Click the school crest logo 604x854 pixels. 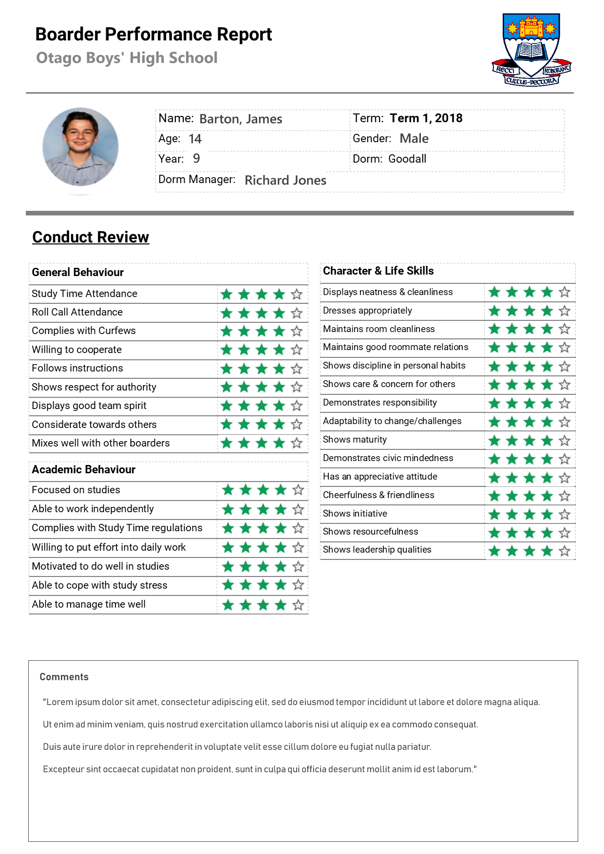[x=531, y=50]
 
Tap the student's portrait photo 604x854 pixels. [x=80, y=147]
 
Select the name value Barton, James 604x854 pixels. [x=241, y=119]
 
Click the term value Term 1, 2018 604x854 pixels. [x=426, y=118]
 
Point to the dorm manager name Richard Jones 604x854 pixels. [x=285, y=180]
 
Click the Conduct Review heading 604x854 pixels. [x=91, y=237]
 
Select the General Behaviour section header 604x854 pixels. [x=78, y=272]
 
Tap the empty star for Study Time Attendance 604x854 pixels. [x=297, y=294]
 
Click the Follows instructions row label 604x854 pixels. [x=77, y=368]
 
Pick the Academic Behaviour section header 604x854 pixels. [x=84, y=469]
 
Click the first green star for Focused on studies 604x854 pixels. [x=228, y=490]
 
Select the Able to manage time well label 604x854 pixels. [x=89, y=604]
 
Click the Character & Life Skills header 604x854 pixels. [x=378, y=271]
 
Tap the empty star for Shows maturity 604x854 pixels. [x=565, y=441]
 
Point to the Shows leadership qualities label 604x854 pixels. [x=377, y=550]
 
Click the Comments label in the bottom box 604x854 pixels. [x=64, y=677]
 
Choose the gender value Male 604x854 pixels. [x=414, y=139]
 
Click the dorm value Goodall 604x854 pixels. [x=407, y=159]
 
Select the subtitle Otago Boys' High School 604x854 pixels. [x=127, y=58]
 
